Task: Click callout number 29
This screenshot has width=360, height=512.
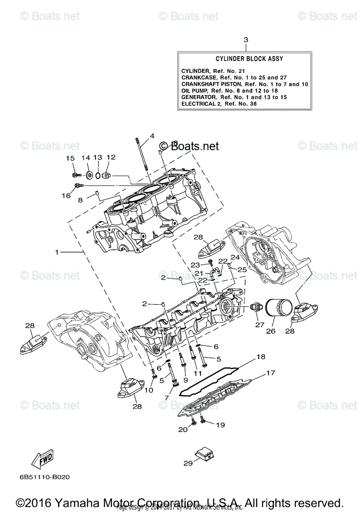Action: tap(188, 463)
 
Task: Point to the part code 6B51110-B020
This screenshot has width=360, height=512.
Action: tap(44, 477)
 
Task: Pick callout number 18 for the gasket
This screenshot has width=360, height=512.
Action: tap(260, 356)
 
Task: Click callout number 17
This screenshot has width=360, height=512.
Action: tap(270, 373)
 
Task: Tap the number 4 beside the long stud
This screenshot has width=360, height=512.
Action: tap(152, 137)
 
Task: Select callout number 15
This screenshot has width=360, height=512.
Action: tap(70, 158)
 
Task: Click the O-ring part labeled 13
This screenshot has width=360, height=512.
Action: tap(98, 175)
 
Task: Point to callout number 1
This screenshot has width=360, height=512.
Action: tap(57, 252)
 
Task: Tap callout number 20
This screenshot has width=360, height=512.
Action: tap(183, 430)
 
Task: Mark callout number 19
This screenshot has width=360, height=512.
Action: tap(220, 425)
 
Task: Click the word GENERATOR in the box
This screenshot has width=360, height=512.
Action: tap(197, 97)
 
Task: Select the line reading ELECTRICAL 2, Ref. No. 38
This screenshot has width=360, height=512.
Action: tap(219, 103)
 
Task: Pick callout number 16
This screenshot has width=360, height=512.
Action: tap(66, 195)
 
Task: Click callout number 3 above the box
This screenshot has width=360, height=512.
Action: tap(246, 40)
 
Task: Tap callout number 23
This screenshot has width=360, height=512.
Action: tap(195, 265)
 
